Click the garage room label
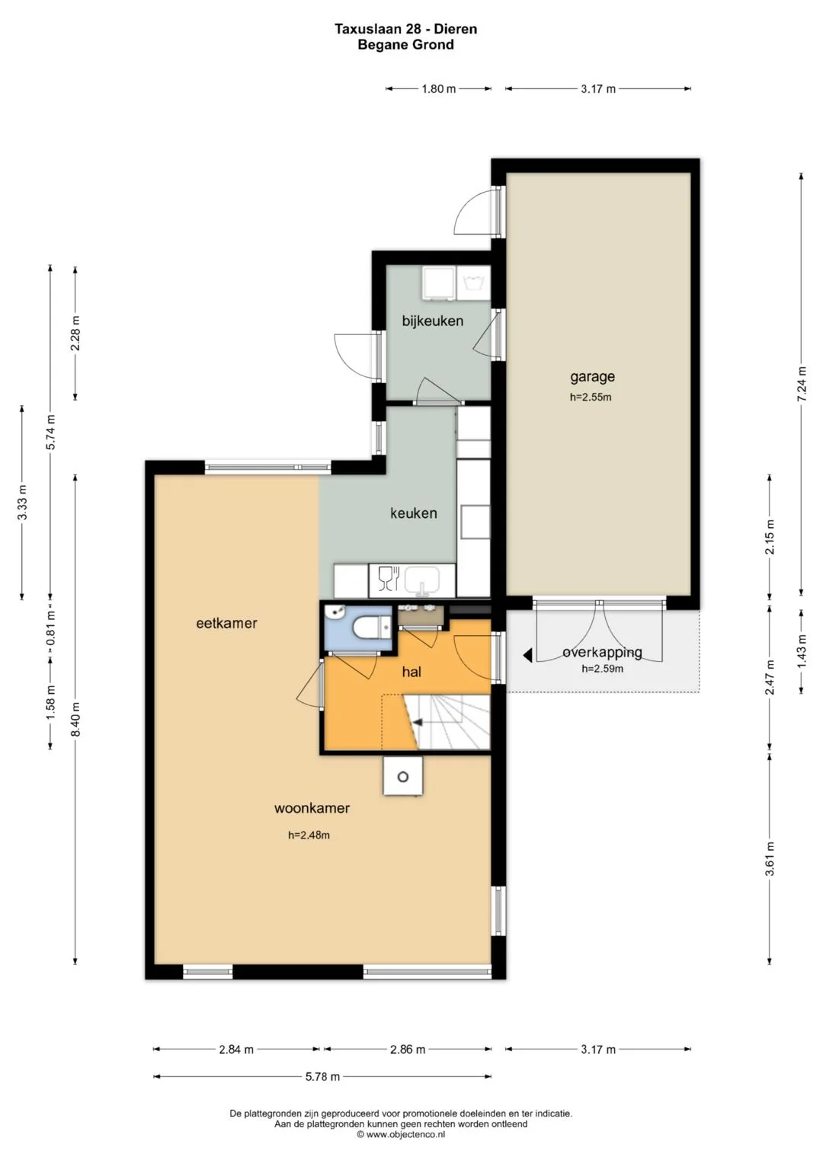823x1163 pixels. pos(592,376)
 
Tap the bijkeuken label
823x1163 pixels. pos(432,321)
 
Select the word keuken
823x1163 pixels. pos(414,513)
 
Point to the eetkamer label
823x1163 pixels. pos(226,623)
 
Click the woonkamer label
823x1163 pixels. pos(312,808)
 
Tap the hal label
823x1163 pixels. pos(411,672)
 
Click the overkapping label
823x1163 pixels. pos(602,653)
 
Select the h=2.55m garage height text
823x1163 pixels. pos(591,397)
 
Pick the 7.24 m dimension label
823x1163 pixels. pos(802,384)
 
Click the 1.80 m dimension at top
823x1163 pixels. pos(438,89)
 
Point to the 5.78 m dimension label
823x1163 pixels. pos(322,1076)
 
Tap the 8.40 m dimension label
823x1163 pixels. pos(76,719)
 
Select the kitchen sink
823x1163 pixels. pos(422,581)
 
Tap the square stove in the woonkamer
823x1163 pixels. pos(402,776)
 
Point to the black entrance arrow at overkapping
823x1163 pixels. pos(527,656)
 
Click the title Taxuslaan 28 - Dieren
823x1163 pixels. pos(405,29)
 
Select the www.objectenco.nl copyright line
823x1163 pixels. pos(401,1135)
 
